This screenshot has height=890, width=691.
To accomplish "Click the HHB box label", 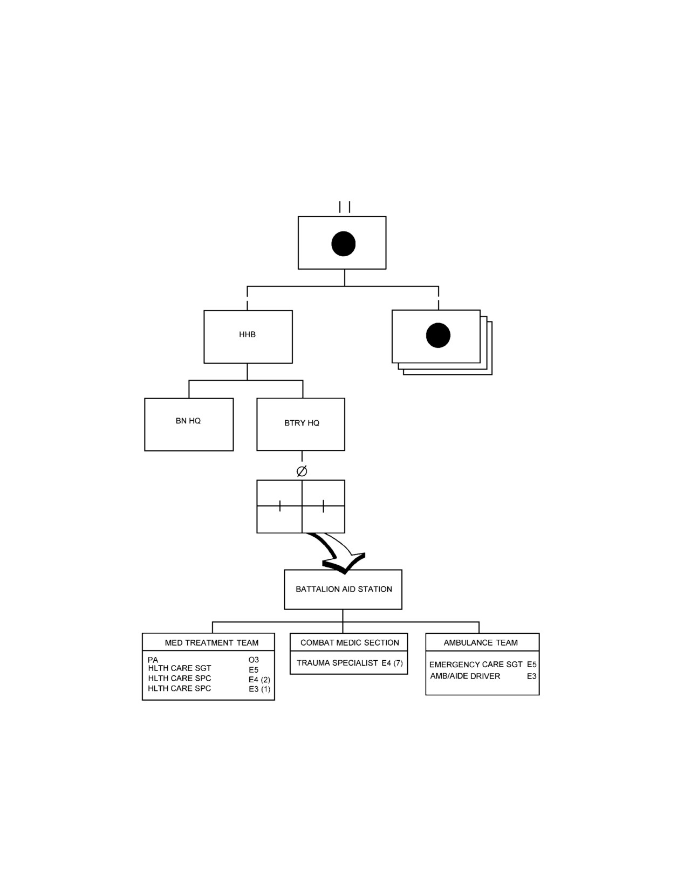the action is pos(247,334).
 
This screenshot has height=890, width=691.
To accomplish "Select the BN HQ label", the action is pos(188,421).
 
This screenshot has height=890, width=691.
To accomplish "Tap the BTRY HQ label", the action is pos(302,423).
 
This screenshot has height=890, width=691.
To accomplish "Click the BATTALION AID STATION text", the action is pos(344,589).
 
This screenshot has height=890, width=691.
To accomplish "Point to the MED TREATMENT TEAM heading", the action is pos(211,642).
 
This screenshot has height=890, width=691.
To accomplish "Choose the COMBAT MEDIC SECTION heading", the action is pos(350,642).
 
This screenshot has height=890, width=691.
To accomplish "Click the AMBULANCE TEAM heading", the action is pos(481,642).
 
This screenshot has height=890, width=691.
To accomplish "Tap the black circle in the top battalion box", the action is pos(343,244).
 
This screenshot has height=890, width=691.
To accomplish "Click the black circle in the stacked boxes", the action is pos(438,335).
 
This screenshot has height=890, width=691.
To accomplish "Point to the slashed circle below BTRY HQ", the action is pos(302,471).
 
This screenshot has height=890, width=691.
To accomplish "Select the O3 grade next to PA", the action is pos(254,660).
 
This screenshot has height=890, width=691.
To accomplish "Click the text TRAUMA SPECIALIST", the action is pos(337,663).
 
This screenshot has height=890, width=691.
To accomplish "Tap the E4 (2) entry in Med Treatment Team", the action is pos(259,680).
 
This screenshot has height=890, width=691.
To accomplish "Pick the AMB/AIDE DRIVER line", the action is pos(465,676).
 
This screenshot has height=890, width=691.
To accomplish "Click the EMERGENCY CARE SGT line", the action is pos(476,665).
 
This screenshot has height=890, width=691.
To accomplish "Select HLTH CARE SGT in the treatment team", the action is pos(180,668).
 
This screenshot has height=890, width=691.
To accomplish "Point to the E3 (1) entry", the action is pos(259,689).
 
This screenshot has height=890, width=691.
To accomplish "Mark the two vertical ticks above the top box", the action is pos(345,207).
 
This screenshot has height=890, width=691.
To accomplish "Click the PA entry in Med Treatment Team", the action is pos(153,660).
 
